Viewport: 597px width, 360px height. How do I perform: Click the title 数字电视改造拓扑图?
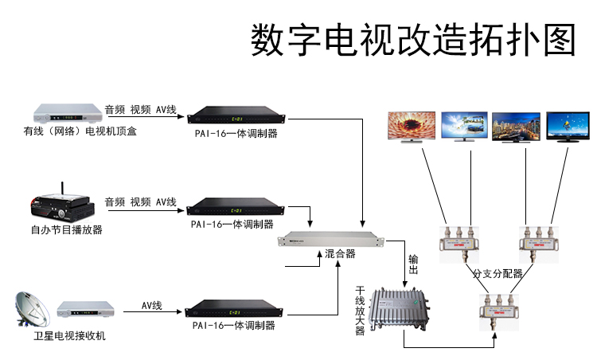[x=412, y=40]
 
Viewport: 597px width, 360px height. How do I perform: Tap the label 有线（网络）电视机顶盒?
[x=80, y=131]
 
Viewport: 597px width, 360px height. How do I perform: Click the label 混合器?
[x=341, y=254]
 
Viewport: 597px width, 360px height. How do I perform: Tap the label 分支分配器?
[x=498, y=273]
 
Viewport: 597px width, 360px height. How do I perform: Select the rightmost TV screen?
[x=568, y=127]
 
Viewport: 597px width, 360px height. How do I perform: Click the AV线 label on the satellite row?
[x=152, y=305]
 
